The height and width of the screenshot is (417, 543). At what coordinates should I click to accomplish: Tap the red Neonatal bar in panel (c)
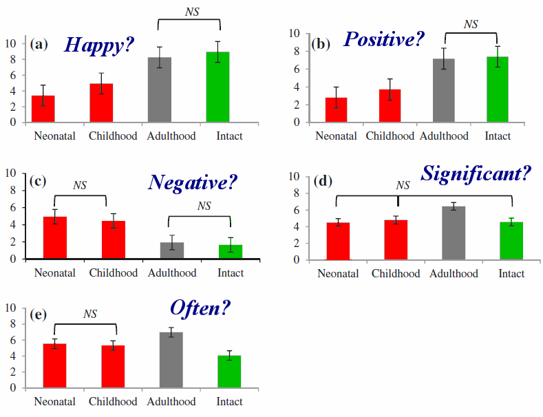point(55,238)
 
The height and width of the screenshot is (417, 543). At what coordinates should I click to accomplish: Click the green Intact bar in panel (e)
point(229,372)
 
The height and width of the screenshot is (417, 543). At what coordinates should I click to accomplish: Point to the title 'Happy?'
point(99,45)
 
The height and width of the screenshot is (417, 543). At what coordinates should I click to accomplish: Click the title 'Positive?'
point(384,40)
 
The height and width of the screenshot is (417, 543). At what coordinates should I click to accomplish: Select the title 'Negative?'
point(193,182)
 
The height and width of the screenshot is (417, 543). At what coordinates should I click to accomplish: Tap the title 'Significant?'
point(476,173)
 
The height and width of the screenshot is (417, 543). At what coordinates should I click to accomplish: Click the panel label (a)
point(39,44)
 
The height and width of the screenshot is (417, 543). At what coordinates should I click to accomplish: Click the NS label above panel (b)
point(471,24)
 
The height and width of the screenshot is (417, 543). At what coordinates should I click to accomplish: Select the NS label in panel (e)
point(90,314)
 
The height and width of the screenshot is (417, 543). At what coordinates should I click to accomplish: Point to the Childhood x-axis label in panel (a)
point(113,136)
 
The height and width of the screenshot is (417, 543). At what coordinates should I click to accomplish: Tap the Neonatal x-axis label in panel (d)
point(338,274)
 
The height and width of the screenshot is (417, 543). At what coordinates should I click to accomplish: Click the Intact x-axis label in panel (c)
point(231,273)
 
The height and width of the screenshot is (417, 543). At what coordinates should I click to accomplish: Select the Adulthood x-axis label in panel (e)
point(171,402)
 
